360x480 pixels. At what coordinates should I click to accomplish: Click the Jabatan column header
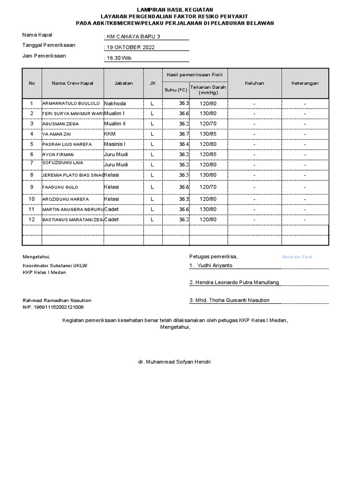tap(123, 83)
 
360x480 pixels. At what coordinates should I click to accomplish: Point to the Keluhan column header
tap(254, 83)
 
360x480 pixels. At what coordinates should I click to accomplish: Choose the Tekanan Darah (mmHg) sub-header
tap(208, 90)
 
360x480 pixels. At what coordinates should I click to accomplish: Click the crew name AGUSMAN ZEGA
tap(60, 124)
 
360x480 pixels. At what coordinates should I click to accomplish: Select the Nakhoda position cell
tap(115, 103)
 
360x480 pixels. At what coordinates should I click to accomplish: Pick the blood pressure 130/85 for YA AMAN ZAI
tap(208, 134)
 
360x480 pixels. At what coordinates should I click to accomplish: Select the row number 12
tap(32, 219)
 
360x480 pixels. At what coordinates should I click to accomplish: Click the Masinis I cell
tap(114, 144)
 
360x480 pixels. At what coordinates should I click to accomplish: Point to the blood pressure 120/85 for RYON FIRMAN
tap(208, 154)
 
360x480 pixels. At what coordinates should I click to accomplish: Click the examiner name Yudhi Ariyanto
tap(214, 265)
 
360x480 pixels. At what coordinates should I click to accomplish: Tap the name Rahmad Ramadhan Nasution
tap(57, 300)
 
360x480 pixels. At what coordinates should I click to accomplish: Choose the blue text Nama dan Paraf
tap(297, 257)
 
